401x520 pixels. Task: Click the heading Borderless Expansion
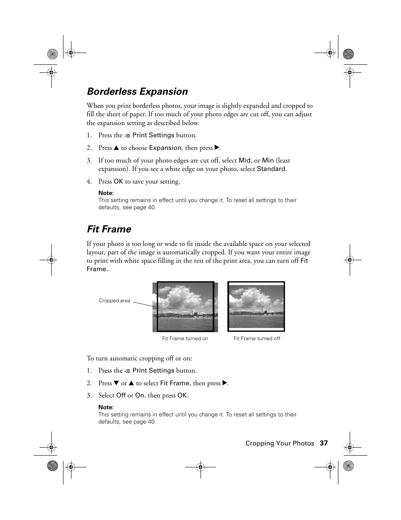click(x=137, y=92)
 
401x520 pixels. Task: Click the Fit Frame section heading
click(x=109, y=229)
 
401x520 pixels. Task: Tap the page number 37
click(x=323, y=443)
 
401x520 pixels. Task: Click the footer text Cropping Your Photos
click(x=280, y=443)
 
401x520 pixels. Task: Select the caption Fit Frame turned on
click(x=185, y=339)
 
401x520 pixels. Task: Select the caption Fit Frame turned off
click(x=256, y=339)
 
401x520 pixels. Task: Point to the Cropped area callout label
click(x=114, y=301)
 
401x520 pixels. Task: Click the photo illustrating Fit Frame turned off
click(x=256, y=307)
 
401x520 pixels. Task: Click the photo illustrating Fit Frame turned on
click(x=185, y=307)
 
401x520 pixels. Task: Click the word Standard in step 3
click(x=271, y=169)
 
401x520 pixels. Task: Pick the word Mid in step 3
click(x=244, y=160)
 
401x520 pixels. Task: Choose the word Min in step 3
click(x=268, y=160)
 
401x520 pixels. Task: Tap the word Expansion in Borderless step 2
click(x=165, y=148)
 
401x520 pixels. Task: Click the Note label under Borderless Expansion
click(x=106, y=193)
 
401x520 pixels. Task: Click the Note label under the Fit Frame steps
click(x=106, y=407)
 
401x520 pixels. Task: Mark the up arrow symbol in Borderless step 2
click(x=117, y=148)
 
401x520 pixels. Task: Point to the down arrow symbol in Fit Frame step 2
click(x=117, y=383)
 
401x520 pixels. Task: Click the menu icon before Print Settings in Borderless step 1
click(x=127, y=136)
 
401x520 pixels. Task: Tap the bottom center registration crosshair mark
click(x=200, y=467)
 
